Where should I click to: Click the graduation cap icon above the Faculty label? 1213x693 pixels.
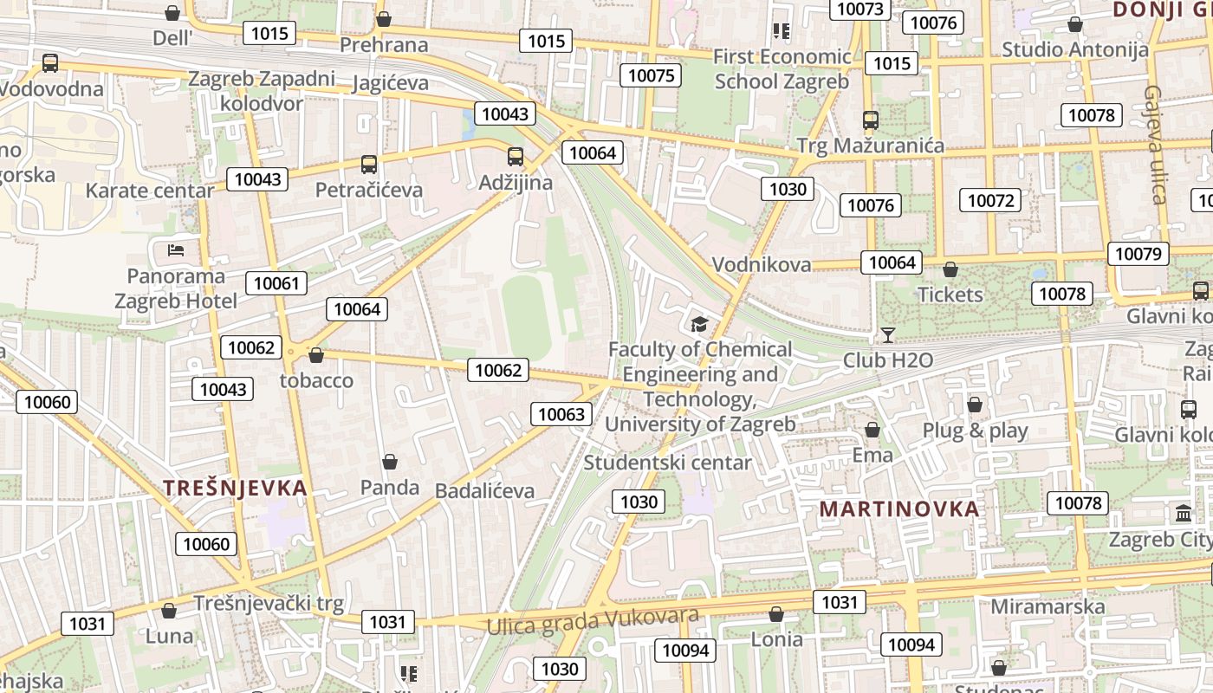pyautogui.click(x=699, y=324)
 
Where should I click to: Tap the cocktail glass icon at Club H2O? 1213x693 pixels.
pyautogui.click(x=887, y=334)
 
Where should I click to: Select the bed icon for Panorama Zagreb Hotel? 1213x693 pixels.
pyautogui.click(x=176, y=250)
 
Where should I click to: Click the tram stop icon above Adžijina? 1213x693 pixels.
pyautogui.click(x=516, y=157)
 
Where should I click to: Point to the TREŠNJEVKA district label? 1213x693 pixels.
pyautogui.click(x=236, y=488)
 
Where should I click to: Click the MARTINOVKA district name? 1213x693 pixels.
pyautogui.click(x=899, y=508)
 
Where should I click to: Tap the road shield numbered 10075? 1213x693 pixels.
pyautogui.click(x=651, y=75)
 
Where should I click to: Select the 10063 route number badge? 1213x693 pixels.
pyautogui.click(x=561, y=414)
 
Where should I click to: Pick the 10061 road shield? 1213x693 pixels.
pyautogui.click(x=276, y=283)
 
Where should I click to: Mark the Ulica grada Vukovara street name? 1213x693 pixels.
pyautogui.click(x=593, y=620)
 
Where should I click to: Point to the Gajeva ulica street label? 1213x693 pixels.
pyautogui.click(x=1154, y=144)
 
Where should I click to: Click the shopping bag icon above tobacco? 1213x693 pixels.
pyautogui.click(x=316, y=355)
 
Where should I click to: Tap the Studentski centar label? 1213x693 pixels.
pyautogui.click(x=667, y=463)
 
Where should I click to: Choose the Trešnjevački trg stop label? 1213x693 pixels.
pyautogui.click(x=269, y=603)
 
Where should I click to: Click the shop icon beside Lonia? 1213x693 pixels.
pyautogui.click(x=776, y=614)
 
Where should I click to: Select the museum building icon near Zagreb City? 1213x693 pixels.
pyautogui.click(x=1184, y=514)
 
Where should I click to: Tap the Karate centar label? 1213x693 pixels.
pyautogui.click(x=150, y=191)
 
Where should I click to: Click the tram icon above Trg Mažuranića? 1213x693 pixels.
pyautogui.click(x=871, y=120)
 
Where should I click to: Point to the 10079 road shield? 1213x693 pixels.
pyautogui.click(x=1138, y=254)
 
